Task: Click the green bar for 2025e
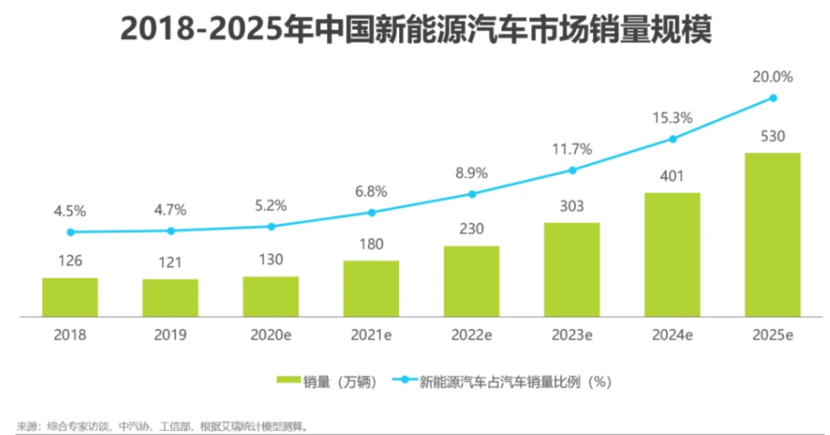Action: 772,234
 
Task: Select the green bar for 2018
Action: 69,297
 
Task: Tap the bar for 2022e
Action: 471,280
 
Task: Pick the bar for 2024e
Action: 671,254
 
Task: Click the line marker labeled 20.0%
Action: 772,98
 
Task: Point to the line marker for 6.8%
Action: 371,212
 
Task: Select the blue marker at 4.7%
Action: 171,231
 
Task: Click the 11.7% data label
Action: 572,149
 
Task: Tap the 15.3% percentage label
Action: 672,118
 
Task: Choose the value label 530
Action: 772,137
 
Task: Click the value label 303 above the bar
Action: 572,207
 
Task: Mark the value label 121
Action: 171,263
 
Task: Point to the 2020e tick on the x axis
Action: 271,333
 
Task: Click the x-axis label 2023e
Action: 572,333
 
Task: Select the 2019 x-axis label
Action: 171,333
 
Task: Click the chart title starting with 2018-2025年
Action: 415,30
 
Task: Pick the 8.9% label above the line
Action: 471,173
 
